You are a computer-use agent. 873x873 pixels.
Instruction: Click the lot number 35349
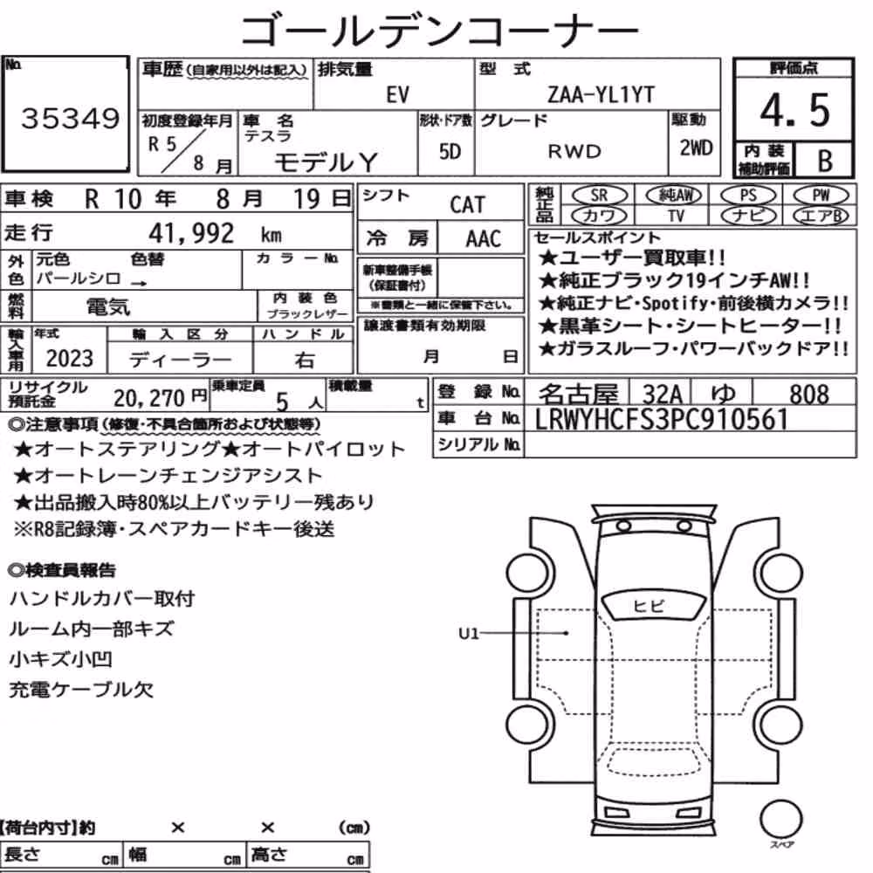70,118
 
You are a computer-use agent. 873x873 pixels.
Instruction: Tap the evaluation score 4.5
794,110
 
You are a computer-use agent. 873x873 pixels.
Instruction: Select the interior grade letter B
825,161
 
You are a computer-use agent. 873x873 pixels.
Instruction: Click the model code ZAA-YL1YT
601,94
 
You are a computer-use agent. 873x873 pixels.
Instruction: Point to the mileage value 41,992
191,233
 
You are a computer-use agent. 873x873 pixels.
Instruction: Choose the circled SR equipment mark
599,196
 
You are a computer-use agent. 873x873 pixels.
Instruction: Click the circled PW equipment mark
821,196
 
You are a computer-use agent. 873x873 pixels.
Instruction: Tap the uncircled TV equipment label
676,216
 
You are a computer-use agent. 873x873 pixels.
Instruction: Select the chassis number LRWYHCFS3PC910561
662,419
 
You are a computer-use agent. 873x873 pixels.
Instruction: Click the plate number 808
809,395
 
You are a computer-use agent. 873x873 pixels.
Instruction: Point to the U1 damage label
468,634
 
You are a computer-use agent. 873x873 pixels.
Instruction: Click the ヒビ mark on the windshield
649,606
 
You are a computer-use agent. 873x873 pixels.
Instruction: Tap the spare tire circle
780,820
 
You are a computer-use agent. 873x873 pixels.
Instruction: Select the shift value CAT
467,205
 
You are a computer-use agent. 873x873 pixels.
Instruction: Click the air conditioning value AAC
484,239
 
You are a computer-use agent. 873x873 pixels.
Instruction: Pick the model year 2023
70,359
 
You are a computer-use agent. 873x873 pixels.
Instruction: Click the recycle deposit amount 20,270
149,398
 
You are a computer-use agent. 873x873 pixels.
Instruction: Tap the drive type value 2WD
696,148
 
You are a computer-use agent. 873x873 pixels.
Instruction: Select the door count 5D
450,151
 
